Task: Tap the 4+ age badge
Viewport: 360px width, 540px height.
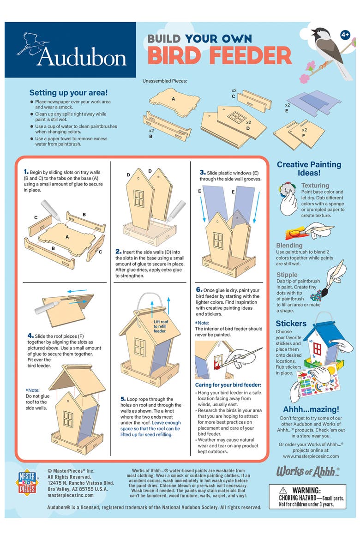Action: pyautogui.click(x=345, y=35)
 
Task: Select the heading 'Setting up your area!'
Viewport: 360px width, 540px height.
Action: pyautogui.click(x=69, y=93)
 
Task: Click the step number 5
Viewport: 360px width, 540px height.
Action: pyautogui.click(x=123, y=399)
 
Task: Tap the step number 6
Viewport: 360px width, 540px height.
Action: pyautogui.click(x=199, y=290)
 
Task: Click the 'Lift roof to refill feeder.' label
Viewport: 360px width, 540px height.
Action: pyautogui.click(x=161, y=326)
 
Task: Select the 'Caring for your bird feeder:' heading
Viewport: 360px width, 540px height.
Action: pyautogui.click(x=228, y=385)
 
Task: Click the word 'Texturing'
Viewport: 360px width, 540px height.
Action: pyautogui.click(x=315, y=185)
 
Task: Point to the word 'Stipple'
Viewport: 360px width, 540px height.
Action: pyautogui.click(x=287, y=275)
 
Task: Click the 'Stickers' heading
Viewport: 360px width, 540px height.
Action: pyautogui.click(x=291, y=324)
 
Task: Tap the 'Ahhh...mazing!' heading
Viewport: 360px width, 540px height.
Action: pyautogui.click(x=311, y=409)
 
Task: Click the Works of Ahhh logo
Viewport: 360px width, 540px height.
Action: pyautogui.click(x=308, y=472)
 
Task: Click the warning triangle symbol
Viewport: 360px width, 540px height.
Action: pyautogui.click(x=283, y=490)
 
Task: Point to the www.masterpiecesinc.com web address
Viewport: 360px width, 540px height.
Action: pyautogui.click(x=311, y=456)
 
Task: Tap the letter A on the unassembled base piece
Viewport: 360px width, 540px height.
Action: pyautogui.click(x=173, y=99)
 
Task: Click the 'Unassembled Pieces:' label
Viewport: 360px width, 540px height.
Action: pyautogui.click(x=165, y=81)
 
